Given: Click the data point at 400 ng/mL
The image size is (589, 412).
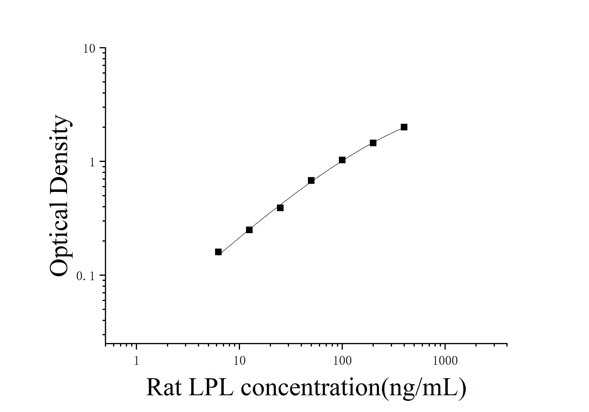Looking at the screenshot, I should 404,127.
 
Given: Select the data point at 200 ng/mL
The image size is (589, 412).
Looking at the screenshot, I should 373,143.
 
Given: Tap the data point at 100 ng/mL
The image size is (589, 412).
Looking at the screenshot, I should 342,160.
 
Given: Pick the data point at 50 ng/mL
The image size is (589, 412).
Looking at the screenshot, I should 311,180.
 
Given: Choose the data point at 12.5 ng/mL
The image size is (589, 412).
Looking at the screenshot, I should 249,230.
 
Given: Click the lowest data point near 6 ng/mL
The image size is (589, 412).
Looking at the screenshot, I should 218,252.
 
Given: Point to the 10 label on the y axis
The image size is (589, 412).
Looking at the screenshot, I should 89,49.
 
